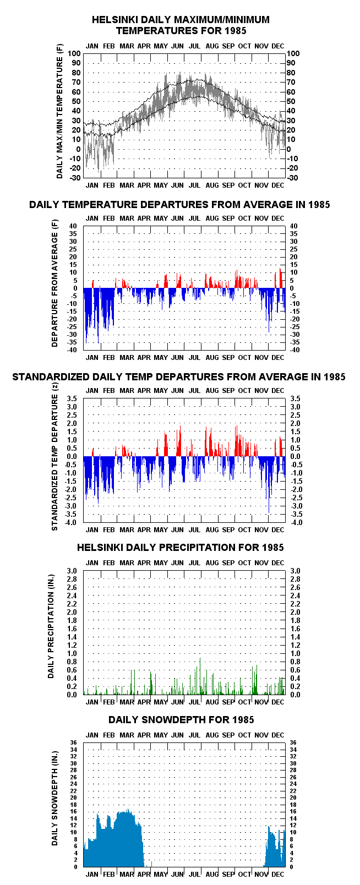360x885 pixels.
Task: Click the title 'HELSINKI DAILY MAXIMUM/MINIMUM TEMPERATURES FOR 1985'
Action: [181, 25]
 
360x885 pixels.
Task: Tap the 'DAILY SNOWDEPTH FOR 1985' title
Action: [181, 719]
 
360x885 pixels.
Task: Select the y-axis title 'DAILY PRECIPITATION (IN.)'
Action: [51, 626]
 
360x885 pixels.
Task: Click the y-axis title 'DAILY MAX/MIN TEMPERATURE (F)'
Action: [59, 111]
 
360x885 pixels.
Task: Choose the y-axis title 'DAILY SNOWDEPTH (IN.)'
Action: [54, 799]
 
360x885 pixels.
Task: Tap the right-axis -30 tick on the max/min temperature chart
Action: [292, 178]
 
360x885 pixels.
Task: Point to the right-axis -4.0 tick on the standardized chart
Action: [297, 523]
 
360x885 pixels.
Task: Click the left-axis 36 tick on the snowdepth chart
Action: [74, 743]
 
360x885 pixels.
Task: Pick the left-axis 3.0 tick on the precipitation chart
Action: [72, 571]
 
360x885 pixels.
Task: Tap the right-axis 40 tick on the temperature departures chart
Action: [293, 226]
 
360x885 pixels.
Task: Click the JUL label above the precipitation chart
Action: [194, 562]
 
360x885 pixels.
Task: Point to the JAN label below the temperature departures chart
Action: [92, 358]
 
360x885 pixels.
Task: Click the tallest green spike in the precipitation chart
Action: [200, 676]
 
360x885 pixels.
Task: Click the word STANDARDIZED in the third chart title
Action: [51, 377]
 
